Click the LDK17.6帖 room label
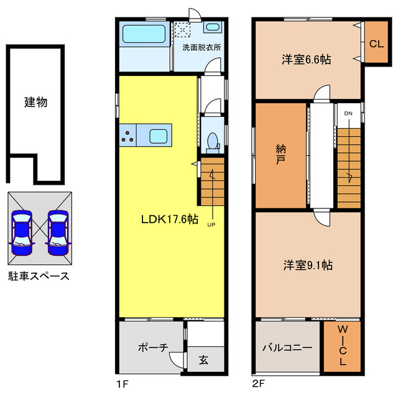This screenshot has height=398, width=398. coord(169,219)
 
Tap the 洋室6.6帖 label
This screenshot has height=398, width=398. coord(305,60)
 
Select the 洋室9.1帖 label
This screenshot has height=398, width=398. coord(307,265)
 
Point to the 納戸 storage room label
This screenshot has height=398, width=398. coord(280,154)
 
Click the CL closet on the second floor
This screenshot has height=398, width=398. coord(376,44)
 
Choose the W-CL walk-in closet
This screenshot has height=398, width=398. coord(343,346)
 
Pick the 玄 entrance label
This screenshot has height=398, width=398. coord(203,359)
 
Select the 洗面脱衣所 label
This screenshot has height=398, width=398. coord(201,47)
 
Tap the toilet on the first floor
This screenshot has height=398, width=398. coord(211,142)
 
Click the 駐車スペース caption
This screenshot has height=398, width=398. coord(39,275)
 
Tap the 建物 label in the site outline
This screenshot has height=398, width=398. coord(35,102)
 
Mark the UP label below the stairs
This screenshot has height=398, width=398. coord(212,225)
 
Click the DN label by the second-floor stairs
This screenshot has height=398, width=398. coord(348,113)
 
